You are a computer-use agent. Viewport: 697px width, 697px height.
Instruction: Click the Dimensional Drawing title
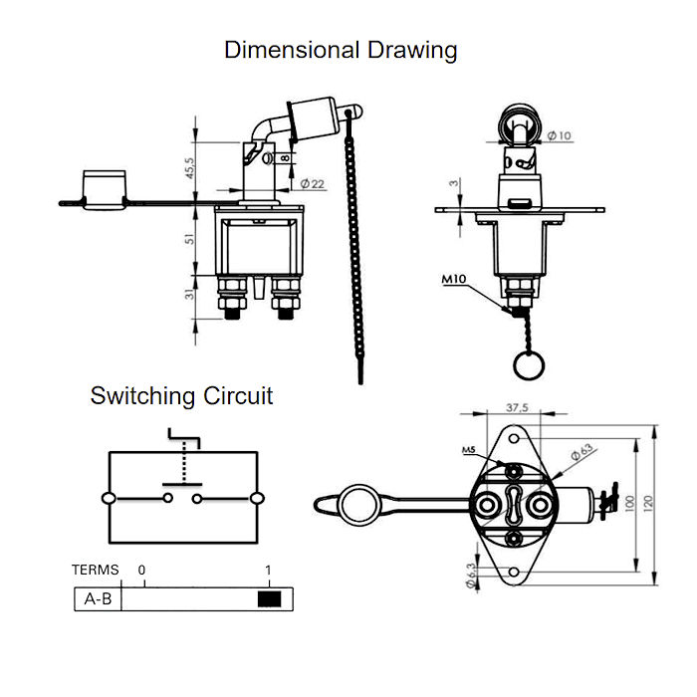click(x=341, y=49)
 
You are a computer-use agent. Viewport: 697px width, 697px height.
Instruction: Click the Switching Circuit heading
click(x=181, y=395)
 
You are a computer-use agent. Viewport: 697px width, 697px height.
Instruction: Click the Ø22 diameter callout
click(x=312, y=184)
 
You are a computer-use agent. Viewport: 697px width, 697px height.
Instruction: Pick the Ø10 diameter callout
click(x=559, y=136)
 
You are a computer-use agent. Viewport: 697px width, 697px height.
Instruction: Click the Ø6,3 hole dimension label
click(x=469, y=576)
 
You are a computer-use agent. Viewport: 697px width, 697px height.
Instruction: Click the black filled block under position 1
click(x=269, y=598)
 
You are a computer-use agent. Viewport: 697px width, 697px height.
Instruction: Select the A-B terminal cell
click(x=98, y=598)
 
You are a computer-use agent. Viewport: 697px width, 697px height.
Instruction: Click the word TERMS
click(x=95, y=571)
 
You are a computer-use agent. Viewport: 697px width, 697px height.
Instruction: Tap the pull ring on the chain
click(x=528, y=364)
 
